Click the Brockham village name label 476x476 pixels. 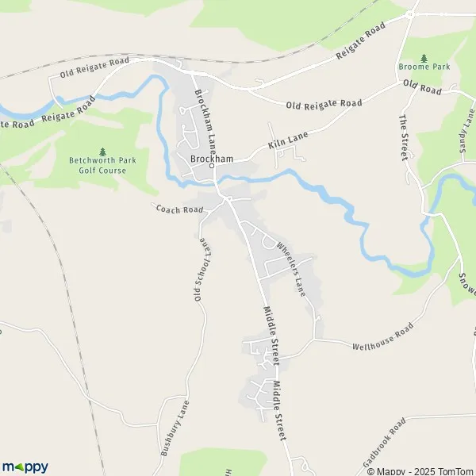click(212, 159)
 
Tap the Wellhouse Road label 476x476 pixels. click(383, 336)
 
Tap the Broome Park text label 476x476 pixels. click(424, 67)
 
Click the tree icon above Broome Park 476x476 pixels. click(424, 57)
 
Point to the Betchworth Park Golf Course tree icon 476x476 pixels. click(102, 152)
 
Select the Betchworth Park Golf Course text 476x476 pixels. click(102, 164)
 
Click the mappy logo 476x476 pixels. click(25, 466)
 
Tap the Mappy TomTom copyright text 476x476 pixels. click(420, 471)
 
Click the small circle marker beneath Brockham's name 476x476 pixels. click(213, 167)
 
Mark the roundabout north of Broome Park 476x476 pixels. click(410, 13)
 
